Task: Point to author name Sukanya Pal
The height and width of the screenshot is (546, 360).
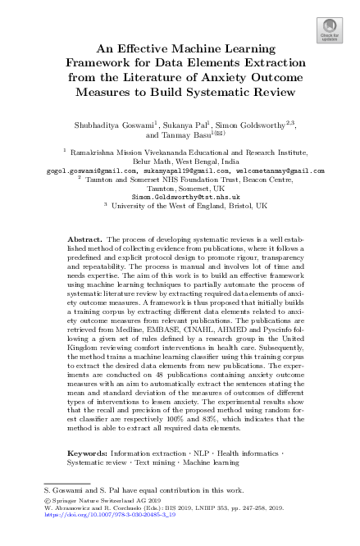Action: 168,125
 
